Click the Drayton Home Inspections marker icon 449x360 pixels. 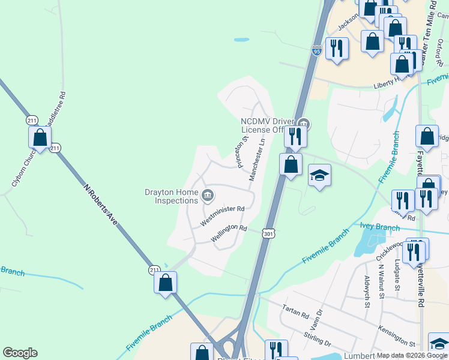(208, 194)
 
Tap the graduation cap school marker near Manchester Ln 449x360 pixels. (320, 176)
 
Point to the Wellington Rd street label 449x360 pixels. (229, 233)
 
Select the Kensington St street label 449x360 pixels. (397, 336)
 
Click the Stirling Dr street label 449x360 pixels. (318, 338)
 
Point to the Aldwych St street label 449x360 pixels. (367, 291)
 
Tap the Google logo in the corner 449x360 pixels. (20, 353)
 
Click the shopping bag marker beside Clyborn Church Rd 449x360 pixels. (40, 137)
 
